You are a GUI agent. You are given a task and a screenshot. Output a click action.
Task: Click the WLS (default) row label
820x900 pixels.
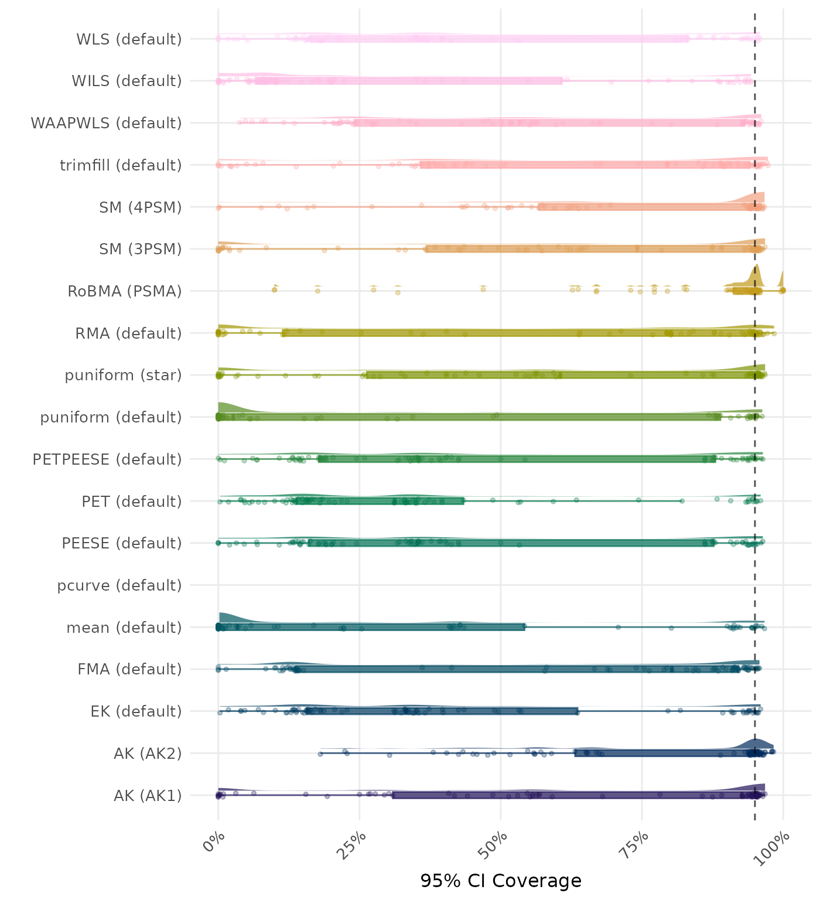coord(129,39)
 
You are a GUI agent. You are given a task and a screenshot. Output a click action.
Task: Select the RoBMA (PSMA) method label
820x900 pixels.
coord(125,291)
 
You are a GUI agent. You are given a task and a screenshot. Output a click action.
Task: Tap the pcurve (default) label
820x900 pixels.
coord(119,585)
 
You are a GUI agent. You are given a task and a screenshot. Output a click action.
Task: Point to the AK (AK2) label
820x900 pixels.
coord(148,754)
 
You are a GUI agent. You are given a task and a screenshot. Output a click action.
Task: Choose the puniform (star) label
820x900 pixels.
coord(123,375)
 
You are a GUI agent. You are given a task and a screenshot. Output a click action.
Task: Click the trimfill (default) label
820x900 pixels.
coord(121,165)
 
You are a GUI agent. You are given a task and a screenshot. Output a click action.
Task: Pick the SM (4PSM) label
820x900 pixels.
coord(141,207)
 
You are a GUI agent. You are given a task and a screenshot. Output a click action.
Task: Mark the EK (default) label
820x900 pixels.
coord(136,711)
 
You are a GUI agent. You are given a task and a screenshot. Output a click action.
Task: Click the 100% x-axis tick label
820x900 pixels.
coord(775,846)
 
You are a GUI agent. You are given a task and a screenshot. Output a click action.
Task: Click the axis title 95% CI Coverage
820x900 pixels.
coord(501,881)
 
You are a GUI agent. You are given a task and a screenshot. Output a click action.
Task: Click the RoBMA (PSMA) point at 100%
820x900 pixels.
coord(783,291)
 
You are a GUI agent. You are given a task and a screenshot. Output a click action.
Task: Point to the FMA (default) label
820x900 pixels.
coord(129,669)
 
